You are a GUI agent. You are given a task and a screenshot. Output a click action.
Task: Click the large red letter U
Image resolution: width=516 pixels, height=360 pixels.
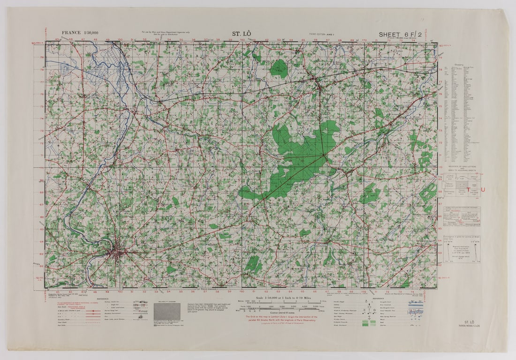tap(482, 190)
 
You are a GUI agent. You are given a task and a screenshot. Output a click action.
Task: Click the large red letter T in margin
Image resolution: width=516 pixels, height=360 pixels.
tap(467, 190)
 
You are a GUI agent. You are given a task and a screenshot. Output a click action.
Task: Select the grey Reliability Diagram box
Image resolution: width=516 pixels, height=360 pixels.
tap(167, 311)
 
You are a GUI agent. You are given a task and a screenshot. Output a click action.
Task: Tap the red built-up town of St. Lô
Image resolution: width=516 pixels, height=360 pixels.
tap(115, 254)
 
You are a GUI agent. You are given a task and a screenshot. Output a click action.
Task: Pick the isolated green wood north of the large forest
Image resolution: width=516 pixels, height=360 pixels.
tap(280, 68)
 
